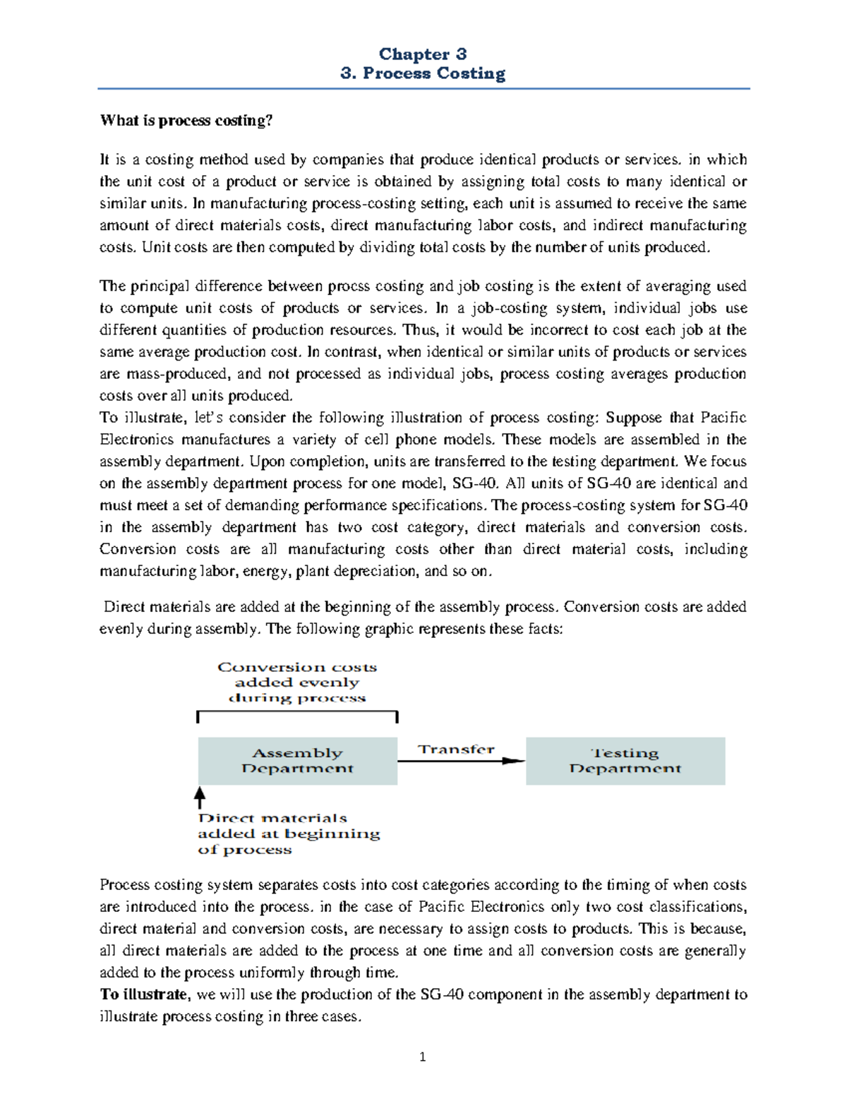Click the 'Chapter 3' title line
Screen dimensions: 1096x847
422,54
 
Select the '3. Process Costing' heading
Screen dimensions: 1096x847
422,73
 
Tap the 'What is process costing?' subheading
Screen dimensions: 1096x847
186,121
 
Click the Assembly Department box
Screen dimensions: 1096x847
297,761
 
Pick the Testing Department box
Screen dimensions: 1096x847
625,761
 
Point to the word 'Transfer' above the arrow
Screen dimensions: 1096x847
456,749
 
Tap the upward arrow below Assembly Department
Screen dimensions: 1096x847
200,797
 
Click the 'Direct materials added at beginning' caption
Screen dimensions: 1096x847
288,833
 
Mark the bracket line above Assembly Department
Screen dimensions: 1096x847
297,712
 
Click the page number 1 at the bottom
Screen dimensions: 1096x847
422,1056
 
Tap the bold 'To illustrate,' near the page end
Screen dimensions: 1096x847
144,994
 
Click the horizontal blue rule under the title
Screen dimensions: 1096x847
422,89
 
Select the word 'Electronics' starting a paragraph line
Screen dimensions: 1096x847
136,440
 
